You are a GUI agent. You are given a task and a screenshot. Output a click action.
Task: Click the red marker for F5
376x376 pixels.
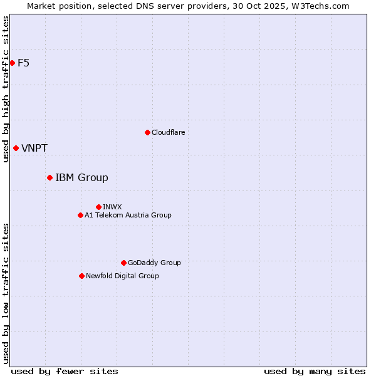[x=12, y=63]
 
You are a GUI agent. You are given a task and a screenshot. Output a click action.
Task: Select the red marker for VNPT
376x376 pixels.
[x=16, y=148]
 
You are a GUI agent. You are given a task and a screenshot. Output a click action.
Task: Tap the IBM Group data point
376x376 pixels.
[x=50, y=177]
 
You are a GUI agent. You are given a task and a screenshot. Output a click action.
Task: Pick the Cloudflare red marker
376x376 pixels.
[x=147, y=132]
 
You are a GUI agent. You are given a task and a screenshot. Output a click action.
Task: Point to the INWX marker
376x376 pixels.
[x=98, y=207]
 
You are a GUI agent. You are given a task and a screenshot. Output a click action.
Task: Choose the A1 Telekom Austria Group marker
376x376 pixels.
[x=80, y=215]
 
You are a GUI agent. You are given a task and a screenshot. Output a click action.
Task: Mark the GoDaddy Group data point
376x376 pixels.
[x=123, y=263]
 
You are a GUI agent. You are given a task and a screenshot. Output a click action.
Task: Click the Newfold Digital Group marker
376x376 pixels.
[x=81, y=276]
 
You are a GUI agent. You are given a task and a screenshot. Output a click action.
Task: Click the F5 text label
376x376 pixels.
[x=24, y=63]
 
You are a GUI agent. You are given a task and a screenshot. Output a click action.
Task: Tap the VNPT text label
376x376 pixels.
[x=34, y=149]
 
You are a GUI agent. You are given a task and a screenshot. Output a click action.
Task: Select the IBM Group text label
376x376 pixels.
[x=81, y=178]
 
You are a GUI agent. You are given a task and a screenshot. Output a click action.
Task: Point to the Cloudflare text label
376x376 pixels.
[x=168, y=132]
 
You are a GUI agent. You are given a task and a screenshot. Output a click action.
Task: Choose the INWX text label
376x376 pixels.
[x=112, y=207]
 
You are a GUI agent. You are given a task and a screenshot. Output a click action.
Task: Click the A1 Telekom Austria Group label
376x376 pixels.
[x=128, y=215]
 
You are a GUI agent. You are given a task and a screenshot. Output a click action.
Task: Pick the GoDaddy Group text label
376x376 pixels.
[x=154, y=263]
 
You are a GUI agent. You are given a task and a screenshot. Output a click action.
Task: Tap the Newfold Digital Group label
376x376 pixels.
[x=122, y=276]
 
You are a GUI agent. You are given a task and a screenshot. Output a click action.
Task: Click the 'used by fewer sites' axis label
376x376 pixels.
[x=65, y=371]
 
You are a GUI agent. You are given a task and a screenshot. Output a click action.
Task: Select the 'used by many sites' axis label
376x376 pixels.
[x=315, y=371]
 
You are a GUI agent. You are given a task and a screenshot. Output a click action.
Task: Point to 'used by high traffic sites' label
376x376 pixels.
[x=6, y=90]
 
